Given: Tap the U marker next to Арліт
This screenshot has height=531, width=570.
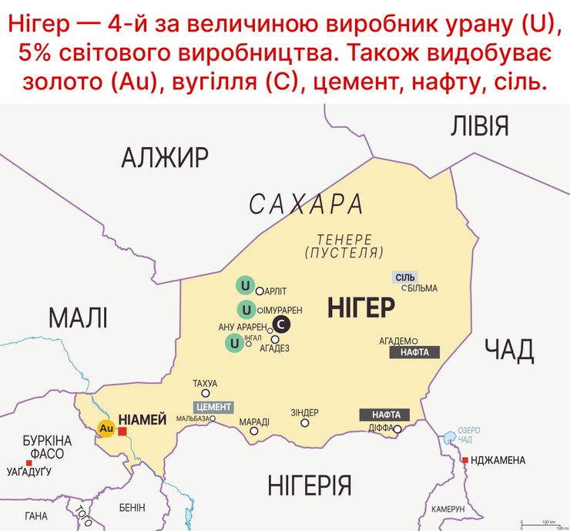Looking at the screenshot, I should click(245, 286).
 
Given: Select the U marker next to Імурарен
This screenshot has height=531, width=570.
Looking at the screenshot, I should click(246, 310).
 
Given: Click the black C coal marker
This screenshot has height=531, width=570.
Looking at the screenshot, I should click(281, 324).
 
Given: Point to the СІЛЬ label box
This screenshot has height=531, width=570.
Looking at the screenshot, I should click(405, 277).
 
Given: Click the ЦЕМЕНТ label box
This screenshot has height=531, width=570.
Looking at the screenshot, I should click(214, 407).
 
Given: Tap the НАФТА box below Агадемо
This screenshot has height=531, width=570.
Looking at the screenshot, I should click(415, 352).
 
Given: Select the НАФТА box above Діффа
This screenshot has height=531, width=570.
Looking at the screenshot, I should click(384, 415).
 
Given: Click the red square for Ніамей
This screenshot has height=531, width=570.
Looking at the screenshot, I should click(122, 431).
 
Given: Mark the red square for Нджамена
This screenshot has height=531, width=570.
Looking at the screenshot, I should click(464, 460).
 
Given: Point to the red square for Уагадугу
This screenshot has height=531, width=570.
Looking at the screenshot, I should click(29, 462).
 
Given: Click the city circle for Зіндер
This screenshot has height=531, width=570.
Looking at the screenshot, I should click(305, 422).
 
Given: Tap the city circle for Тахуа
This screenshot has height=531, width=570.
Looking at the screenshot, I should click(205, 393).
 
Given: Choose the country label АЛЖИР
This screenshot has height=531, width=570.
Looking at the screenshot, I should click(165, 157).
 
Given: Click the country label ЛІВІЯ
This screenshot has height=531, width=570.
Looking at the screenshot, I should click(479, 125).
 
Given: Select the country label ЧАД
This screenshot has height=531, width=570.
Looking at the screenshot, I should click(509, 351).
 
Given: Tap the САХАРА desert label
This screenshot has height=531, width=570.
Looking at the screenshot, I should click(307, 204).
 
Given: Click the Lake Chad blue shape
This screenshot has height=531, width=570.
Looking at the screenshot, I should click(449, 440).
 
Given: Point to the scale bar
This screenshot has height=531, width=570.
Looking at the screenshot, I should click(544, 523).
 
